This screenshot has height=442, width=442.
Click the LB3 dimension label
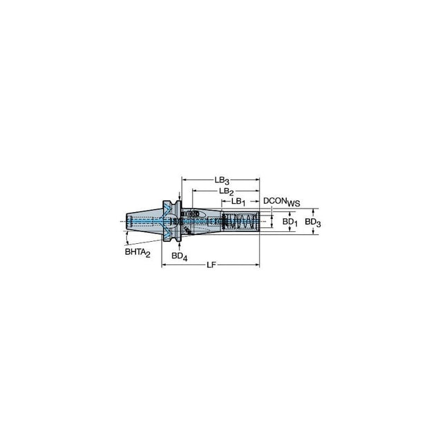pos(222,180)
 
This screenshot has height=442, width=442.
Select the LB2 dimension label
pos(227,191)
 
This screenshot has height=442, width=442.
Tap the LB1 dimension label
pos(238,202)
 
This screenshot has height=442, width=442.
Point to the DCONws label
pos(281,202)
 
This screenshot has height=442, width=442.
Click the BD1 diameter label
pos(290,222)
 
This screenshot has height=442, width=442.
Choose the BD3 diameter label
pos(313,222)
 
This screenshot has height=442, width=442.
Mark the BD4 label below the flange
pos(180,256)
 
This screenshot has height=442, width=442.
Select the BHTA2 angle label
pos(137,252)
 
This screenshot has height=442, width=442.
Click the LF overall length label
pos(211,265)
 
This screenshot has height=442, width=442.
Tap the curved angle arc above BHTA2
pos(127,238)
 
